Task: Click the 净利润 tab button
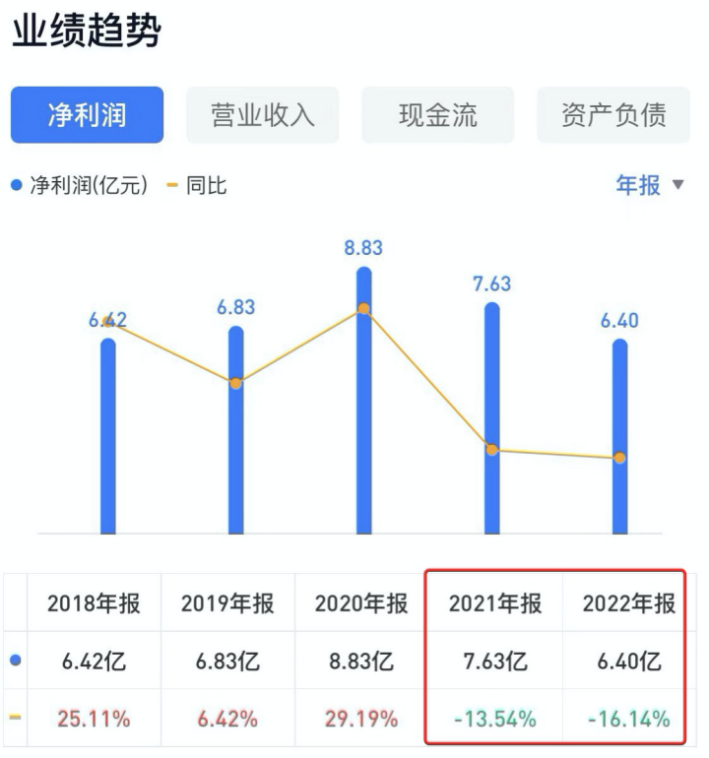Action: [87, 115]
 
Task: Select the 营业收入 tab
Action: [262, 115]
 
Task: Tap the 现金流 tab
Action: [437, 115]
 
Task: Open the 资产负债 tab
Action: [612, 115]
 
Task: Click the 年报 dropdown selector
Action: [649, 185]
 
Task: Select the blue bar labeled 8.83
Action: [364, 413]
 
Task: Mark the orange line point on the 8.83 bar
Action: [364, 309]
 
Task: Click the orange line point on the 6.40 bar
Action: [619, 458]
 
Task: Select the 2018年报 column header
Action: [94, 603]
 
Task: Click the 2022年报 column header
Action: [629, 603]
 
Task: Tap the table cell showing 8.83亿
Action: [361, 662]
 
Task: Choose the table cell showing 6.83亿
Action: [227, 662]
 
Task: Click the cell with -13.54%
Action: [495, 719]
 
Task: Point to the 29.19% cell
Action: [361, 719]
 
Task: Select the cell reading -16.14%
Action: [629, 719]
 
